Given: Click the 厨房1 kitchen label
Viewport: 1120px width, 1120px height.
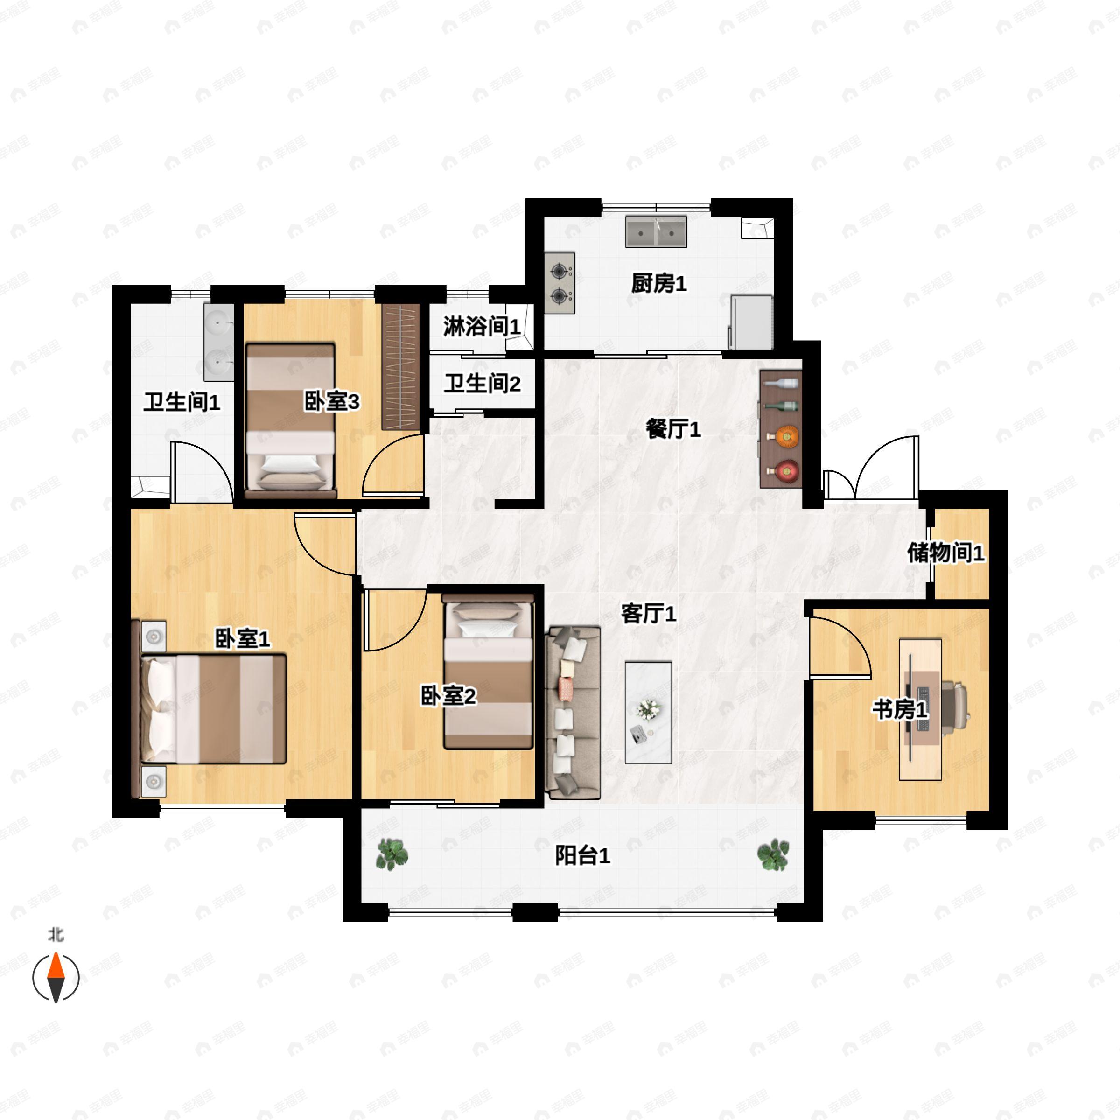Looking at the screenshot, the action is (x=658, y=284).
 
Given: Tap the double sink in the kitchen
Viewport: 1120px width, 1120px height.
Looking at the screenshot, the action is (x=656, y=232).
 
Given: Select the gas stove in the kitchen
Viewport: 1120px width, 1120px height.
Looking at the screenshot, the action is (x=560, y=283).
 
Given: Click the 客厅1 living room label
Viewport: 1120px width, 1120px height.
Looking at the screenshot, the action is (x=649, y=613).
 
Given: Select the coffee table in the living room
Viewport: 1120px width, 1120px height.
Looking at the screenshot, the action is (x=648, y=713).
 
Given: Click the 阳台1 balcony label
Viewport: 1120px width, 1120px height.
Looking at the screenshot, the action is (x=582, y=856).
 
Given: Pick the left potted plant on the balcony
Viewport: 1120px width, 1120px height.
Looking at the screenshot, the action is (x=392, y=854).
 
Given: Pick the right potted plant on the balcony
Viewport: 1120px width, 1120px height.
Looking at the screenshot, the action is (x=773, y=854).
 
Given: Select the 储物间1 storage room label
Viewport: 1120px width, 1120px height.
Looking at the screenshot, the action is (x=946, y=553).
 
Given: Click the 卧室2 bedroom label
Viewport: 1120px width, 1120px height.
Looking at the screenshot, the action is (x=448, y=696).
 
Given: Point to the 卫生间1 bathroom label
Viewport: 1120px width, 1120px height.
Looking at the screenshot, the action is (x=182, y=402).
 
